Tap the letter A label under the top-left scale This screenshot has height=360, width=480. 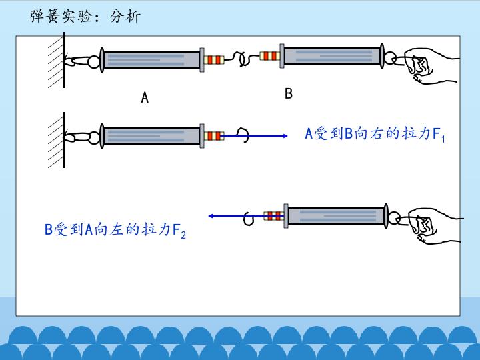click(145, 98)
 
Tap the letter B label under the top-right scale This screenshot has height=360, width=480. click(289, 93)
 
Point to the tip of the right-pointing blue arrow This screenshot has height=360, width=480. click(298, 135)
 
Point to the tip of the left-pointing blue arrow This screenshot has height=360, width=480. click(209, 216)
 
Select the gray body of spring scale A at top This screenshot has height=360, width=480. click(152, 60)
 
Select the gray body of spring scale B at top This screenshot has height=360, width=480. click(331, 57)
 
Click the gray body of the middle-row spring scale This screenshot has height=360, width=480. click(152, 136)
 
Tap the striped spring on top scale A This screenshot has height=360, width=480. click(214, 60)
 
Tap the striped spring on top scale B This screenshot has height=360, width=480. click(270, 56)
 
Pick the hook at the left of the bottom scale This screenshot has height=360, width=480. click(249, 217)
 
